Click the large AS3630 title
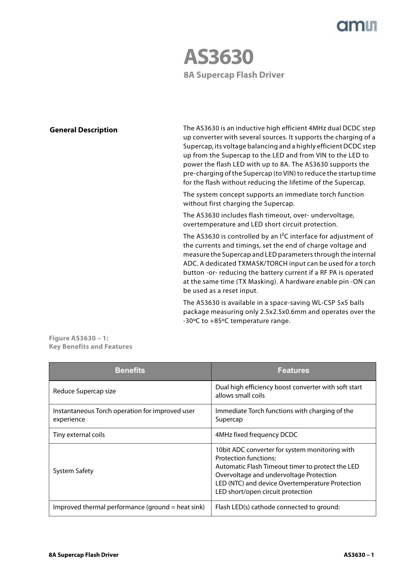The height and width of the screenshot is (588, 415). coord(218,57)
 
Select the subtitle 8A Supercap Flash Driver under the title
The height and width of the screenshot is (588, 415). coord(234,75)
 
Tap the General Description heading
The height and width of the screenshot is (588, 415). coord(83,130)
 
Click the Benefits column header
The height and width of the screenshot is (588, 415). coord(130,371)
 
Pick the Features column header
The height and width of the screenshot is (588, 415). coord(293,371)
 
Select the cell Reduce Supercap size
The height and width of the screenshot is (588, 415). coord(84,391)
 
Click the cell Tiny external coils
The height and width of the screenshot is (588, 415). coord(79,435)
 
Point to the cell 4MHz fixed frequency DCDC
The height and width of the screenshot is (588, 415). coord(256,435)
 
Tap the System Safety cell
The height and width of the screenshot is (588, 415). coord(73,471)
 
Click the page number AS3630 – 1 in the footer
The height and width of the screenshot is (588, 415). coord(359,555)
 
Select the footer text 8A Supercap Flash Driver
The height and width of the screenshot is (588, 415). coord(83,555)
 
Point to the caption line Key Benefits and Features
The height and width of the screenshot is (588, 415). coord(90,347)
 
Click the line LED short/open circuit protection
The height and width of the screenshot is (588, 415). coord(263,492)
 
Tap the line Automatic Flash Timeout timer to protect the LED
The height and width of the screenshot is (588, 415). coord(287,467)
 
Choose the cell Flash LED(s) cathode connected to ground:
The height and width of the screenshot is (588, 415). coord(277,507)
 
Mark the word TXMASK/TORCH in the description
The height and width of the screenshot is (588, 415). coord(262,264)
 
